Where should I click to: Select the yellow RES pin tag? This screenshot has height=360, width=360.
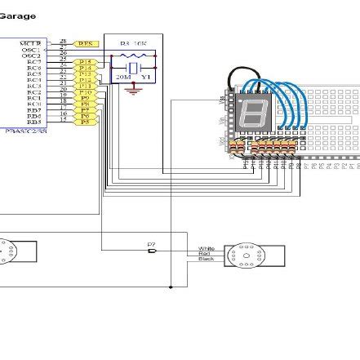[x=86, y=43]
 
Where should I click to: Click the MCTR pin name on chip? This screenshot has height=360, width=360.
[x=31, y=42]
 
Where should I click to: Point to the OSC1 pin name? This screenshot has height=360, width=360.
[x=31, y=49]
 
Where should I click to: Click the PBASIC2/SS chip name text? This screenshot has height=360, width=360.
[x=24, y=130]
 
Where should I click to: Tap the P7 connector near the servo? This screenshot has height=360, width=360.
[x=152, y=249]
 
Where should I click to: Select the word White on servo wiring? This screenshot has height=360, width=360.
[x=206, y=247]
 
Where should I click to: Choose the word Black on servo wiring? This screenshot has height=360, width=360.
[x=206, y=259]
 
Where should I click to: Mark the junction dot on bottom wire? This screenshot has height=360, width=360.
[x=170, y=287]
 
